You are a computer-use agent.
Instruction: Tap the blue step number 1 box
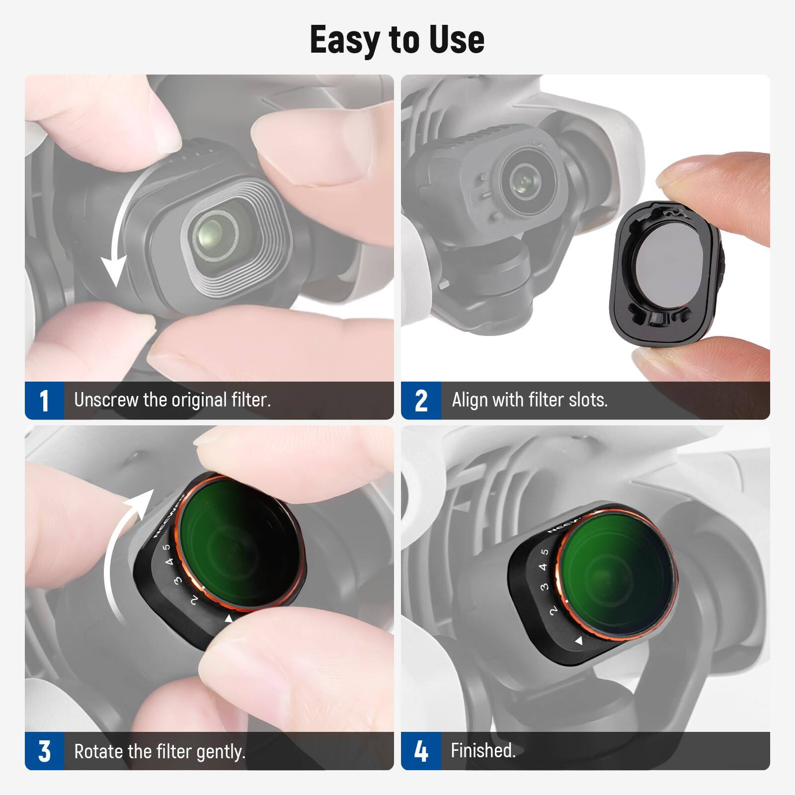click(x=44, y=400)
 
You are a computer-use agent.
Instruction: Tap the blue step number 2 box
click(x=421, y=400)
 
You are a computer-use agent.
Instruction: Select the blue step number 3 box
click(x=44, y=751)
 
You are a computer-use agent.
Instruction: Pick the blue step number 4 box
click(x=421, y=751)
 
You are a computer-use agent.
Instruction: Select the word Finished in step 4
click(x=482, y=750)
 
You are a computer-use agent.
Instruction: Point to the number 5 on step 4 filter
click(x=545, y=552)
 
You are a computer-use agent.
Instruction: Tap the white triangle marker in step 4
click(x=578, y=641)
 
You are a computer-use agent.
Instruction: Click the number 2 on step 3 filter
click(x=194, y=600)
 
